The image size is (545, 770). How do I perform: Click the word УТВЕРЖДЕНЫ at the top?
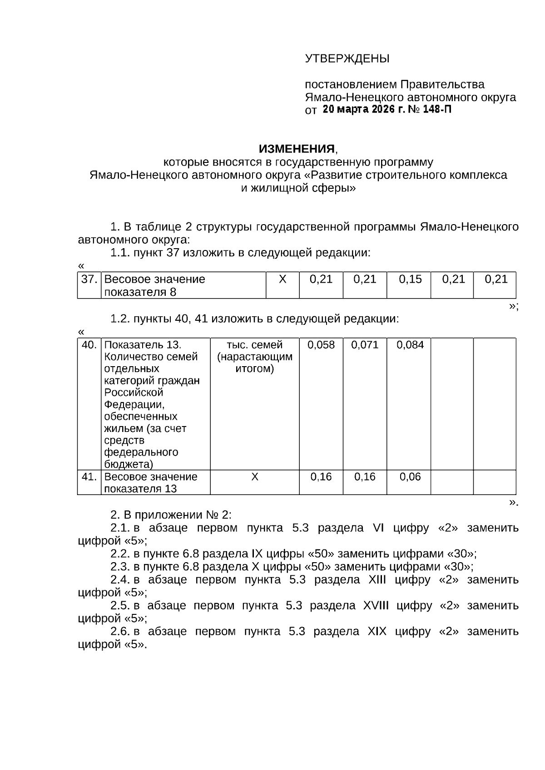pyautogui.click(x=347, y=59)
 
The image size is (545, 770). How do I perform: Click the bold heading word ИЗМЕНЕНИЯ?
pyautogui.click(x=296, y=149)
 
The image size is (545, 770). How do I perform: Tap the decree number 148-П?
pyautogui.click(x=437, y=109)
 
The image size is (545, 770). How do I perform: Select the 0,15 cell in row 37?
pyautogui.click(x=410, y=280)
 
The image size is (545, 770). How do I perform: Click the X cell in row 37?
pyautogui.click(x=282, y=280)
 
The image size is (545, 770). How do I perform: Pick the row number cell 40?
pyautogui.click(x=89, y=345)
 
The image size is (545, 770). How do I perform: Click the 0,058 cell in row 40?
pyautogui.click(x=321, y=345)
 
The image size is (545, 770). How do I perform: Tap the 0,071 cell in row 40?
pyautogui.click(x=365, y=345)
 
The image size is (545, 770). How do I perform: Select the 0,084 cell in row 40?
pyautogui.click(x=410, y=345)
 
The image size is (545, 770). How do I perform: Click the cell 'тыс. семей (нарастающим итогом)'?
pyautogui.click(x=255, y=357)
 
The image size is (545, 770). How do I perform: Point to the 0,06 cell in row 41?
pyautogui.click(x=410, y=477)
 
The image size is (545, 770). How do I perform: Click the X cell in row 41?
pyautogui.click(x=255, y=477)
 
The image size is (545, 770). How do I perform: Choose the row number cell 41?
pyautogui.click(x=89, y=477)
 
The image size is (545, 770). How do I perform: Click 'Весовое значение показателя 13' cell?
pyautogui.click(x=151, y=483)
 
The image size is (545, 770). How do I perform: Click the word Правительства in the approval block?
pyautogui.click(x=442, y=84)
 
